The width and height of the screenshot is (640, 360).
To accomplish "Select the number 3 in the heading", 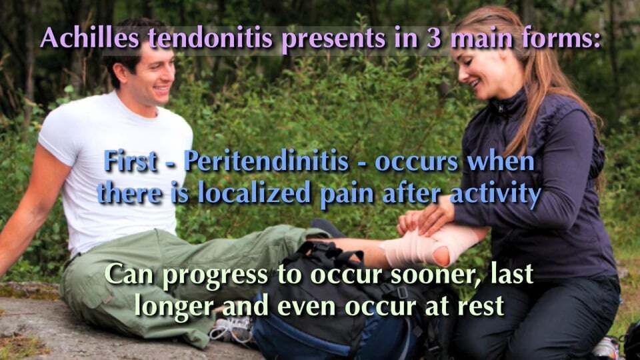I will (421, 38).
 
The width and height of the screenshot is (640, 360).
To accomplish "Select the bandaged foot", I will (427, 246).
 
